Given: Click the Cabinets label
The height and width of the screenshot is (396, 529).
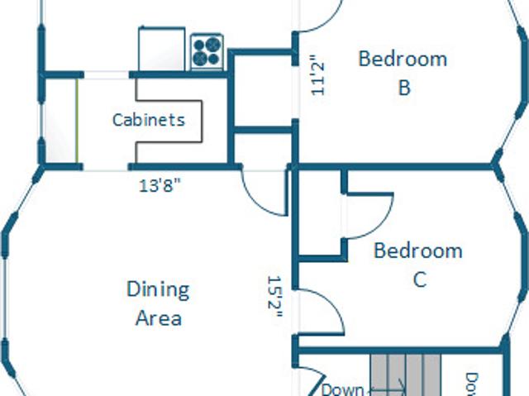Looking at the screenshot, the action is (149, 120).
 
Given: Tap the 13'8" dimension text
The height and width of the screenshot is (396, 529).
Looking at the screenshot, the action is (160, 185).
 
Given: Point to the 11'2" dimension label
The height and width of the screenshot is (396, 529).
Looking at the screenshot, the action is (317, 75).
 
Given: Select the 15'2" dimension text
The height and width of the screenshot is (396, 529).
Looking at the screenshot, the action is (274, 297).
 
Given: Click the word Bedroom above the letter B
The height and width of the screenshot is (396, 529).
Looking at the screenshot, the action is (403, 59).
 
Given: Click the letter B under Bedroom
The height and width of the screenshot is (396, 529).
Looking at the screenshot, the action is (404, 88).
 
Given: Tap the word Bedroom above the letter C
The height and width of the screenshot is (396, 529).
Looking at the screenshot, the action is (418, 250).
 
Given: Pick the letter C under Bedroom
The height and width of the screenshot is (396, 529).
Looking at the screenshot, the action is (420, 279).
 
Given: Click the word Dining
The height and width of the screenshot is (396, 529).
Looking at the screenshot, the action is (158, 290).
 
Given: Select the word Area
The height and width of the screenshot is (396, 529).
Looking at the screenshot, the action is (159, 318).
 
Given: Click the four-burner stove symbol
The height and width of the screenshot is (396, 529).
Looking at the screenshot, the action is (207, 51).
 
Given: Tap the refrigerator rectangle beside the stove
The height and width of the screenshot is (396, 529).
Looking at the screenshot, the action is (162, 50).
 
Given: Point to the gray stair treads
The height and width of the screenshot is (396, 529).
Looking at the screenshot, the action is (406, 375).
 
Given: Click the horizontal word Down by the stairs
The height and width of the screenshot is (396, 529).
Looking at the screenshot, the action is (342, 390).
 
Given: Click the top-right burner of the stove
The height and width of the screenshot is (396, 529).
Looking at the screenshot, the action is (213, 44).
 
